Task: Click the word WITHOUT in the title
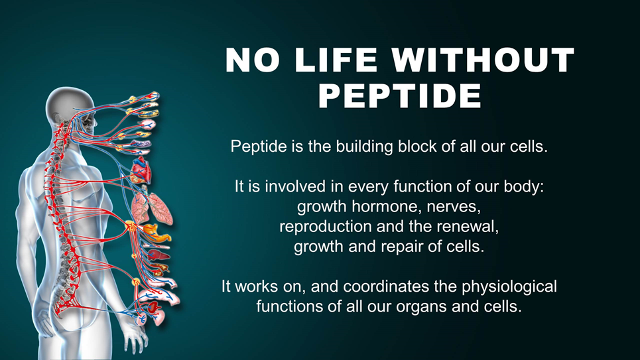(x=483, y=60)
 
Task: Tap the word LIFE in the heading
(x=336, y=60)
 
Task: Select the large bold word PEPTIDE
(x=400, y=95)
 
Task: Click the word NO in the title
(x=253, y=60)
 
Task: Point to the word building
(x=365, y=147)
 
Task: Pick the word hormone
(x=387, y=206)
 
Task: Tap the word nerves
(x=454, y=207)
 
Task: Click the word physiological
(x=509, y=287)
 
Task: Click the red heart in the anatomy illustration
(x=142, y=170)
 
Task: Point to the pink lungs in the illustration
(x=152, y=208)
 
